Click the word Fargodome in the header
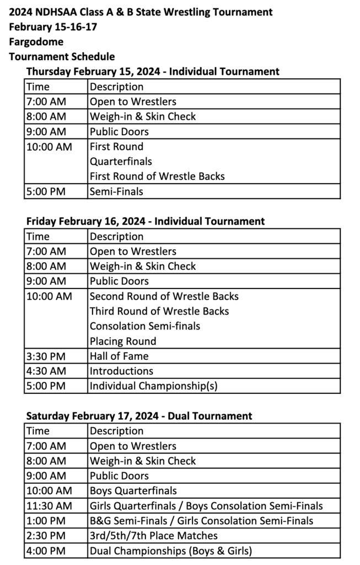pyautogui.click(x=36, y=41)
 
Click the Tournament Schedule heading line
pyautogui.click(x=62, y=56)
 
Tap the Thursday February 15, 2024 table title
pyautogui.click(x=153, y=71)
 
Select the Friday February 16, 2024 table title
pyautogui.click(x=146, y=221)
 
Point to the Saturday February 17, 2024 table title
pyautogui.click(x=139, y=416)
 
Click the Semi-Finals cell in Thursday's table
pyautogui.click(x=116, y=191)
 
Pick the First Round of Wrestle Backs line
pyautogui.click(x=157, y=177)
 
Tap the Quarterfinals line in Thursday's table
pyautogui.click(x=121, y=162)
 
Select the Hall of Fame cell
pyautogui.click(x=119, y=356)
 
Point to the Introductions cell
pyautogui.click(x=121, y=371)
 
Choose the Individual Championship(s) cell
pyautogui.click(x=153, y=386)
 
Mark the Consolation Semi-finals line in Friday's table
pyautogui.click(x=145, y=326)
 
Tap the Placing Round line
pyautogui.click(x=123, y=341)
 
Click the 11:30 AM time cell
pyautogui.click(x=49, y=505)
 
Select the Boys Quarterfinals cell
pyautogui.click(x=133, y=491)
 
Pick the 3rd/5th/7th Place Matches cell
pyautogui.click(x=153, y=535)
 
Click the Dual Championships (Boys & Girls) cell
pyautogui.click(x=171, y=550)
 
